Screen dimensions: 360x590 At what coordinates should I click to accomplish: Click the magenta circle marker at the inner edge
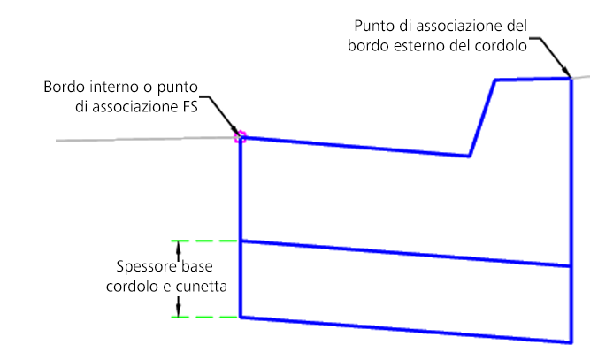pos(239,137)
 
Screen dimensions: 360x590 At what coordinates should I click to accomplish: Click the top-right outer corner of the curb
pos(570,79)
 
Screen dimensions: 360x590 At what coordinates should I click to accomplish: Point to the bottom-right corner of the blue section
pos(570,341)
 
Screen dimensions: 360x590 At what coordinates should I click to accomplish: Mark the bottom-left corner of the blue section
pos(241,317)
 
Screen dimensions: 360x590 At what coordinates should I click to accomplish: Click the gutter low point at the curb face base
pos(468,157)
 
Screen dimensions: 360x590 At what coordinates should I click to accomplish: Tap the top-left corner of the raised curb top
pos(494,80)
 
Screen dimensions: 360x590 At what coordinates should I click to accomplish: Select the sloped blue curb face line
pos(481,118)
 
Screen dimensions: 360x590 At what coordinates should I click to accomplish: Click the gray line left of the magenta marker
pos(142,139)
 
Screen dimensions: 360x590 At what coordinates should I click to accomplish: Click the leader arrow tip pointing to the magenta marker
pos(234,133)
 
